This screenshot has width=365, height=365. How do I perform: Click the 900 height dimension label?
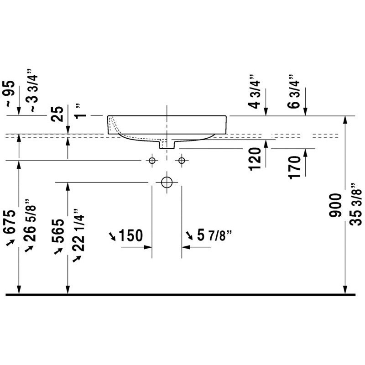pos(335,205)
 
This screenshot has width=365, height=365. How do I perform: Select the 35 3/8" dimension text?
pos(356,204)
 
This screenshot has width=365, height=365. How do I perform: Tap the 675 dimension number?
pos(10,222)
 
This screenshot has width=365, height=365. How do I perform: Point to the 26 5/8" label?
pos(30,220)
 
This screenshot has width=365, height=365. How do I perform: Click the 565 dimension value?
pos(58,231)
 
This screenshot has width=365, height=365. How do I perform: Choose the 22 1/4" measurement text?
pos(78,230)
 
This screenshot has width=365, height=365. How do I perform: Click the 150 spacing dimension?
pos(130,235)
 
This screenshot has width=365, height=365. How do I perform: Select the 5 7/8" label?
pos(214,235)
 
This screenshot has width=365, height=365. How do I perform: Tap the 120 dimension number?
pos(255,159)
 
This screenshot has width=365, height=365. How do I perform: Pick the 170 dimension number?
pos(295,167)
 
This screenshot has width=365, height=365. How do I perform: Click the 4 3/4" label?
pos(254,92)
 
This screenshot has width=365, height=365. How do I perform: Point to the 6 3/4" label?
pos(293,91)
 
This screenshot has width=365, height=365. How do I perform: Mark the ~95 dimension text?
pos(10,94)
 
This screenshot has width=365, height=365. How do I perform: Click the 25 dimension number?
pos(57,114)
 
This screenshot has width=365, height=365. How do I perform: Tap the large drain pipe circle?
pos(167,182)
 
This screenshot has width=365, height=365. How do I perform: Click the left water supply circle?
pos(152,161)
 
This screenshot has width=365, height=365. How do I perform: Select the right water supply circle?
pos(182,161)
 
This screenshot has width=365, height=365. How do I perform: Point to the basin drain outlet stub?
pos(167,144)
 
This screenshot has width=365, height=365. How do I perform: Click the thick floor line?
pos(180,295)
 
